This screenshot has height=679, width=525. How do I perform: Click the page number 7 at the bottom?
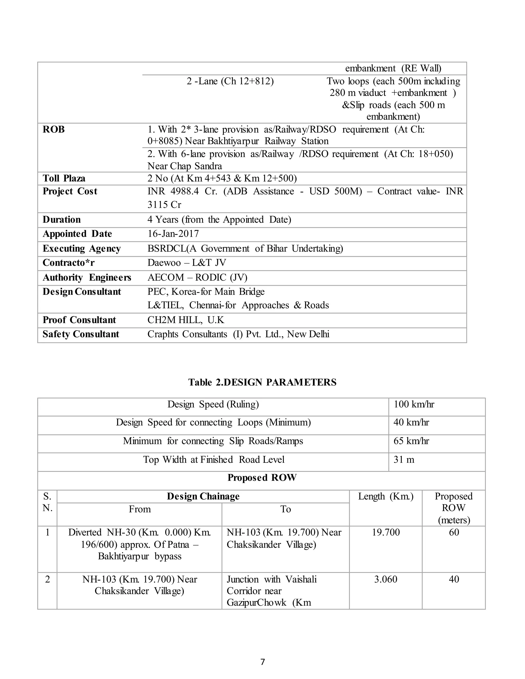pos(262,662)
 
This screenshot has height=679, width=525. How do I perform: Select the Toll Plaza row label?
pos(64,178)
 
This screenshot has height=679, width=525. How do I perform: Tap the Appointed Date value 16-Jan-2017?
pos(173,234)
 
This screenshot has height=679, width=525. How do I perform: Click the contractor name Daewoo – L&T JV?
pos(187,263)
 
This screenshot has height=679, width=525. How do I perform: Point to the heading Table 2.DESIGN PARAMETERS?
pos(262,382)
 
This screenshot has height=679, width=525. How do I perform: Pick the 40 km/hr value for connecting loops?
pos(411,422)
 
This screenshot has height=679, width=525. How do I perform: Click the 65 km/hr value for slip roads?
pos(411,441)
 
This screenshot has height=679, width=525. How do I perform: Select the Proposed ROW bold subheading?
pos(262,478)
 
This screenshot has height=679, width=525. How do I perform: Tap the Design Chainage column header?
pos(203,496)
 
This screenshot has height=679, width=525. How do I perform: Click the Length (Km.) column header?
pos(386,496)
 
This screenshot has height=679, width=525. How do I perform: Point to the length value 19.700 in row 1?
pos(386,532)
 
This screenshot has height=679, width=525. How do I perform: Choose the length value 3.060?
pos(386,579)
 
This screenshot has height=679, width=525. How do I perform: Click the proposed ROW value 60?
pos(454,532)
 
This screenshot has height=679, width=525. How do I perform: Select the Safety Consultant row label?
pos(81,334)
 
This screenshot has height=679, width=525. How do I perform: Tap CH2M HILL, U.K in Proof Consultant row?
pos(186,320)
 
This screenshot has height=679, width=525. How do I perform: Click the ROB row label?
pos(54,129)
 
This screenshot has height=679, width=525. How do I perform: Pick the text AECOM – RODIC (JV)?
pos(197,277)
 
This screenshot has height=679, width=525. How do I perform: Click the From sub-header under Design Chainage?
pos(140,509)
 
